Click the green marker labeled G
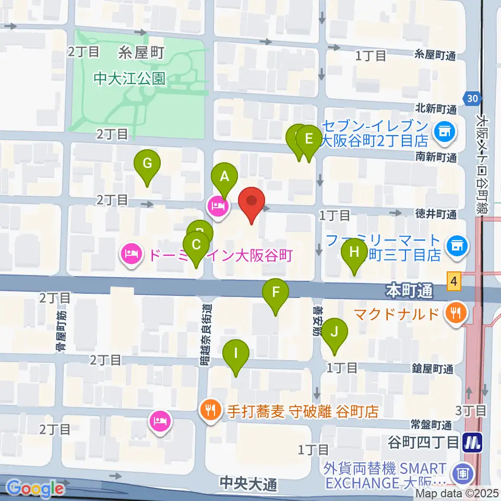148,164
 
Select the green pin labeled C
196,245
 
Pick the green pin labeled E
308,139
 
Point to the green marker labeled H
354,252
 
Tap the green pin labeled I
236,353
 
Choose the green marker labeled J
335,331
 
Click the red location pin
252,201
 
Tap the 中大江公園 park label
130,79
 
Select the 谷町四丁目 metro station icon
473,443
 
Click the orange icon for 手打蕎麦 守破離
211,410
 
